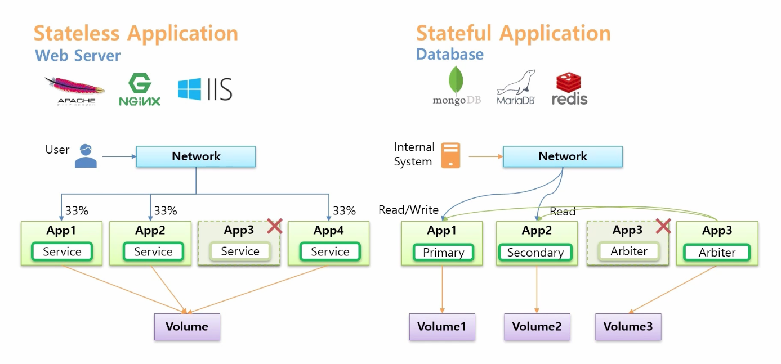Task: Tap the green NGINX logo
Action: pyautogui.click(x=140, y=91)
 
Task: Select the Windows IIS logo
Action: pyautogui.click(x=205, y=89)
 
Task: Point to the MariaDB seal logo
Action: pyautogui.click(x=515, y=87)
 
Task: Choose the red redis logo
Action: pyautogui.click(x=569, y=89)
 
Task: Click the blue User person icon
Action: pyautogui.click(x=86, y=156)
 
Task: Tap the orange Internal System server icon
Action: pyautogui.click(x=450, y=155)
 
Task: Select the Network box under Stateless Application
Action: pyautogui.click(x=196, y=156)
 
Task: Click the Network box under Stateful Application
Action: pyautogui.click(x=563, y=156)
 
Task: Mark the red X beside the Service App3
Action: pyautogui.click(x=274, y=226)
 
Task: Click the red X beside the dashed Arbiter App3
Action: pyautogui.click(x=663, y=226)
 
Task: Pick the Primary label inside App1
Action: pyautogui.click(x=443, y=253)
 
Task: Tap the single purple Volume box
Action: pyautogui.click(x=187, y=327)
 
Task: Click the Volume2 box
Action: pyautogui.click(x=537, y=327)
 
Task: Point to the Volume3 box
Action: pyautogui.click(x=628, y=327)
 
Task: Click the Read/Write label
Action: pyautogui.click(x=408, y=210)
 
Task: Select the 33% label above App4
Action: pyautogui.click(x=344, y=210)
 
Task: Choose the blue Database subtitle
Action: pyautogui.click(x=449, y=55)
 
